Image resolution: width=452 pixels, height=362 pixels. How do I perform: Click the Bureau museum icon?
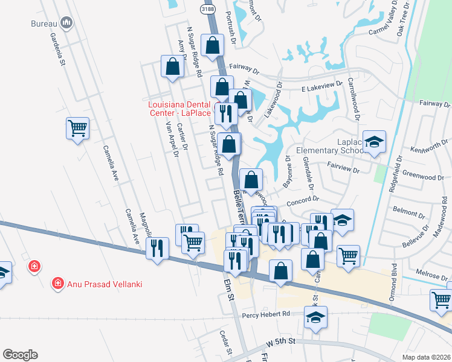coord(66,24)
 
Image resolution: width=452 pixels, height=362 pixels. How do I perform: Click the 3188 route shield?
coord(207,8)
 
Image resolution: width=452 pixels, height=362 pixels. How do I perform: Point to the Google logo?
coord(20,355)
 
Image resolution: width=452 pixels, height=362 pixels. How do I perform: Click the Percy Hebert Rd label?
coord(266,314)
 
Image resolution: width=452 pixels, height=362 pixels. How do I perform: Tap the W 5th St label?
coord(282,342)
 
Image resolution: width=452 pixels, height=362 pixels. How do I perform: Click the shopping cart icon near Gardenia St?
coord(77,129)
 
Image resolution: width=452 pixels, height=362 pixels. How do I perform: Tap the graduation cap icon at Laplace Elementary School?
coord(375,142)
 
